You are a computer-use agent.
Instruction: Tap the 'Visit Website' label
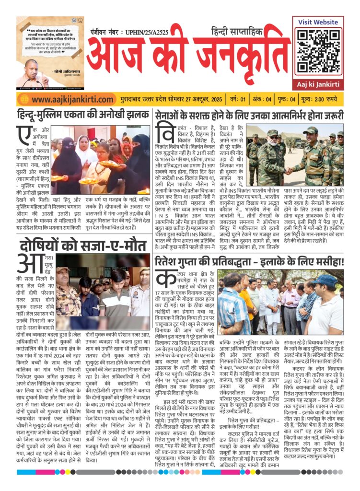(x=318, y=22)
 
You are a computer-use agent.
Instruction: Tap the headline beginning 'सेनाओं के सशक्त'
(x=249, y=115)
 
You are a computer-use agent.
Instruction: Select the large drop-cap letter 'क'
(x=164, y=279)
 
